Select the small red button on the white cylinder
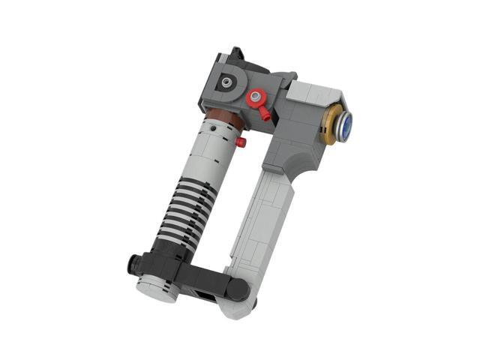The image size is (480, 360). pyautogui.click(x=241, y=142)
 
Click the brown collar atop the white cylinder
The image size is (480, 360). pyautogui.click(x=223, y=117)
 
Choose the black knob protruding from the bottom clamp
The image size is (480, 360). pyautogui.click(x=133, y=264)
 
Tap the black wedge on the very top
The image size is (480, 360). pyautogui.click(x=236, y=55)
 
